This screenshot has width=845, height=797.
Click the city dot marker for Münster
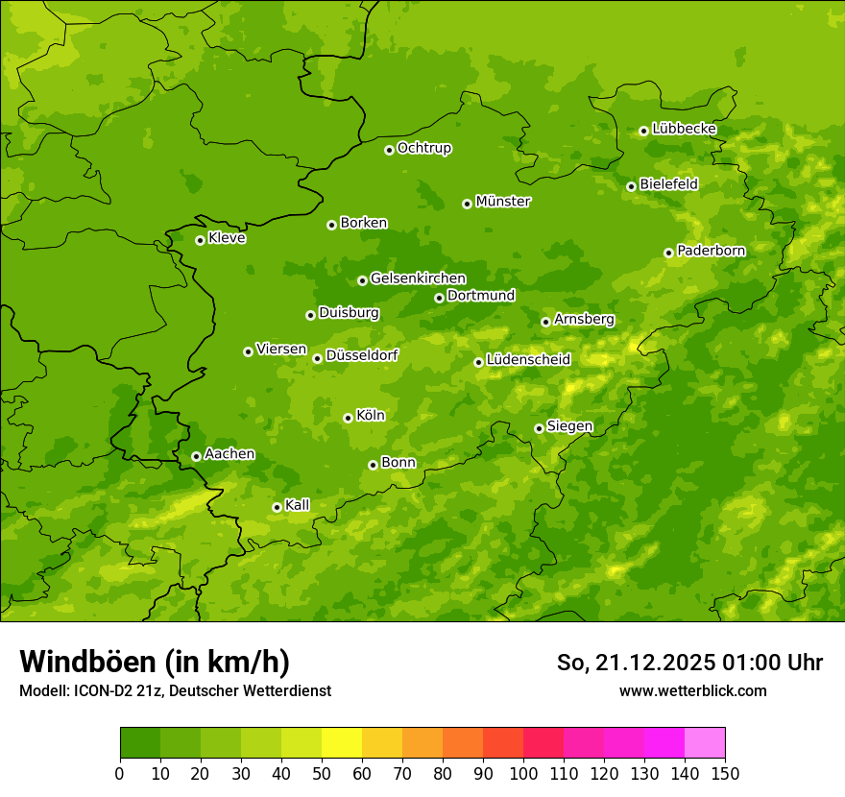468,204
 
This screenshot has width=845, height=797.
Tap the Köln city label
371,416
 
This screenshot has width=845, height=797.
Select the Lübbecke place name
684,129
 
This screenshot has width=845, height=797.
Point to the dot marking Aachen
196,456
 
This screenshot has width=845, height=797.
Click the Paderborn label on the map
711,251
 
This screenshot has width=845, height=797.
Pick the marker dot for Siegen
539,428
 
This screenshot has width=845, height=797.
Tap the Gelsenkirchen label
418,278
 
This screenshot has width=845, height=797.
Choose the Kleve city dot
200,240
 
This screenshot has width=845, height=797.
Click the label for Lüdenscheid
528,360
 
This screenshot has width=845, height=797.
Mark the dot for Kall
277,507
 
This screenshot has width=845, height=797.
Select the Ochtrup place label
423,148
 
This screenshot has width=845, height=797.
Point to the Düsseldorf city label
362,355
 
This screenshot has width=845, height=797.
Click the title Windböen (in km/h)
155,662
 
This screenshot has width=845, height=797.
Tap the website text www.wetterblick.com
692,690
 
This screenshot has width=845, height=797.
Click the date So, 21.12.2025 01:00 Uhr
689,663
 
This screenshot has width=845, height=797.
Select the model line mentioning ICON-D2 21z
175,690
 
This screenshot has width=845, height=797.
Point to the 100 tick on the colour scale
523,773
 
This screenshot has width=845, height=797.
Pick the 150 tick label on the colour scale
725,773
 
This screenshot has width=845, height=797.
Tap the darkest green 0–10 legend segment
140,743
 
